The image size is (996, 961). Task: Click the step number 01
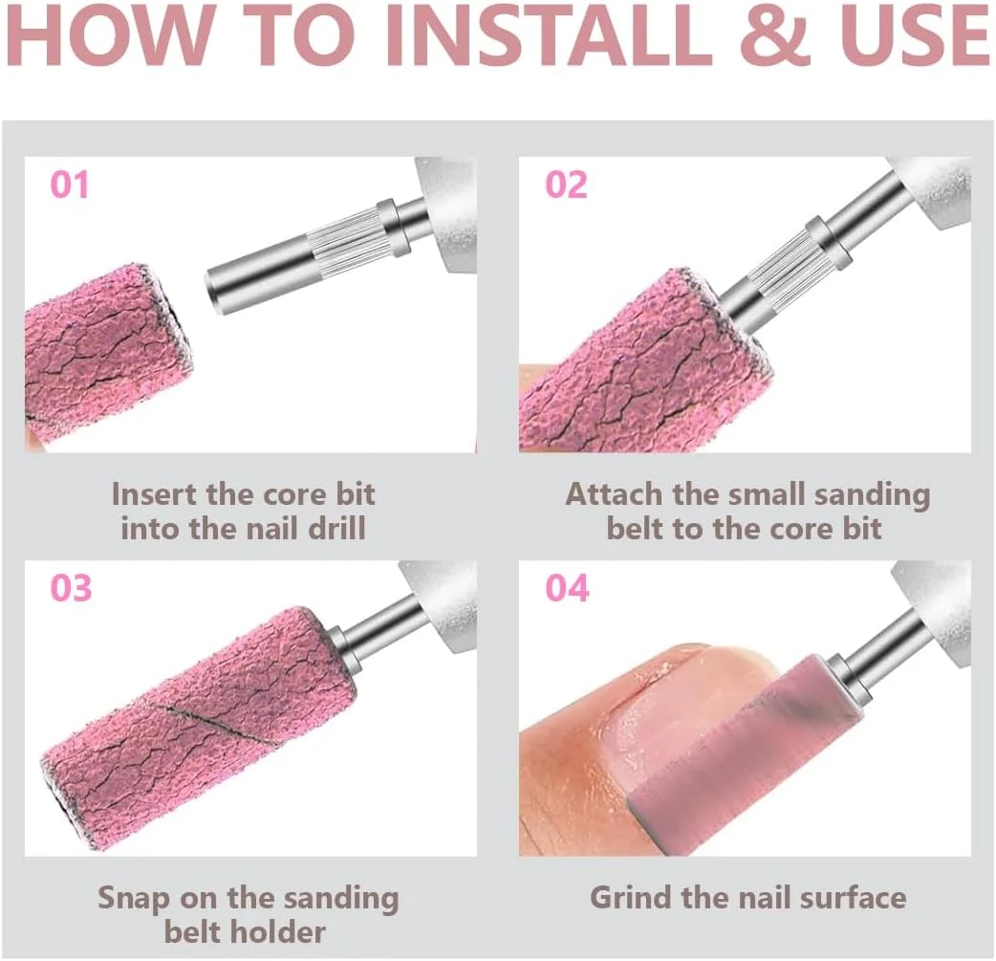69,185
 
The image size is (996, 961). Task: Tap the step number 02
566,185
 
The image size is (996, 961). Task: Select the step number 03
71,588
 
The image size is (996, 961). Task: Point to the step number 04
567,588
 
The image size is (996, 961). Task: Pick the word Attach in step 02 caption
615,493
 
